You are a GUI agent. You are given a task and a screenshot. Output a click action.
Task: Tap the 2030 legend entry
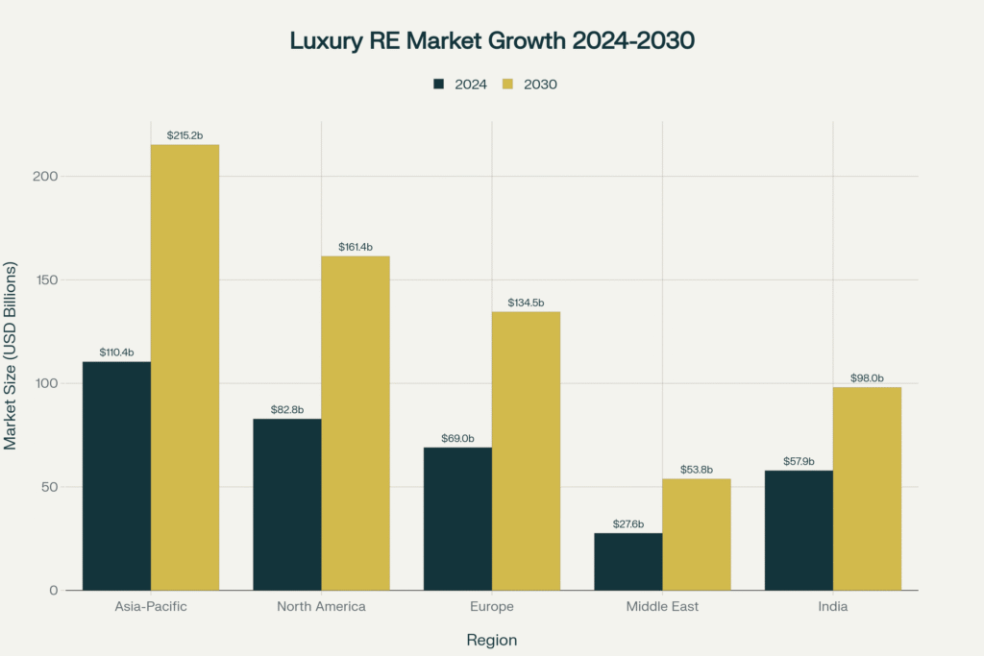click(529, 84)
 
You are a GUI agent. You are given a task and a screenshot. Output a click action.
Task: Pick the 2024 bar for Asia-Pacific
click(116, 475)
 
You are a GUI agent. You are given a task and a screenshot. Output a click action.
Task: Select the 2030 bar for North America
click(356, 423)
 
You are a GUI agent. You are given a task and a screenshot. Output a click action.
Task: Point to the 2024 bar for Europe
click(457, 519)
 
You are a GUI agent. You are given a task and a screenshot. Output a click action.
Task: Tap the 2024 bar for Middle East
click(628, 561)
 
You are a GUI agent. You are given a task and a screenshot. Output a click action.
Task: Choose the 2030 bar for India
click(867, 488)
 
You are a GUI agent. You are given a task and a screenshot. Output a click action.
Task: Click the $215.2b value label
click(184, 135)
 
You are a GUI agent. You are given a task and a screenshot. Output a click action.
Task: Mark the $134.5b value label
click(526, 303)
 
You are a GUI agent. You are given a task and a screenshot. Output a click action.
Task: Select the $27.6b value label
click(628, 524)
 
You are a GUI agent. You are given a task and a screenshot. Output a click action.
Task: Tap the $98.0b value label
click(867, 378)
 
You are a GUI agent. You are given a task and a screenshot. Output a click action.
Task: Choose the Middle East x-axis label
click(662, 607)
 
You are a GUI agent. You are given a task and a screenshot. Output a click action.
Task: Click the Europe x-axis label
click(491, 607)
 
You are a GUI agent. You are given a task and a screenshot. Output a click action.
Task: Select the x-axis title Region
click(491, 640)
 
